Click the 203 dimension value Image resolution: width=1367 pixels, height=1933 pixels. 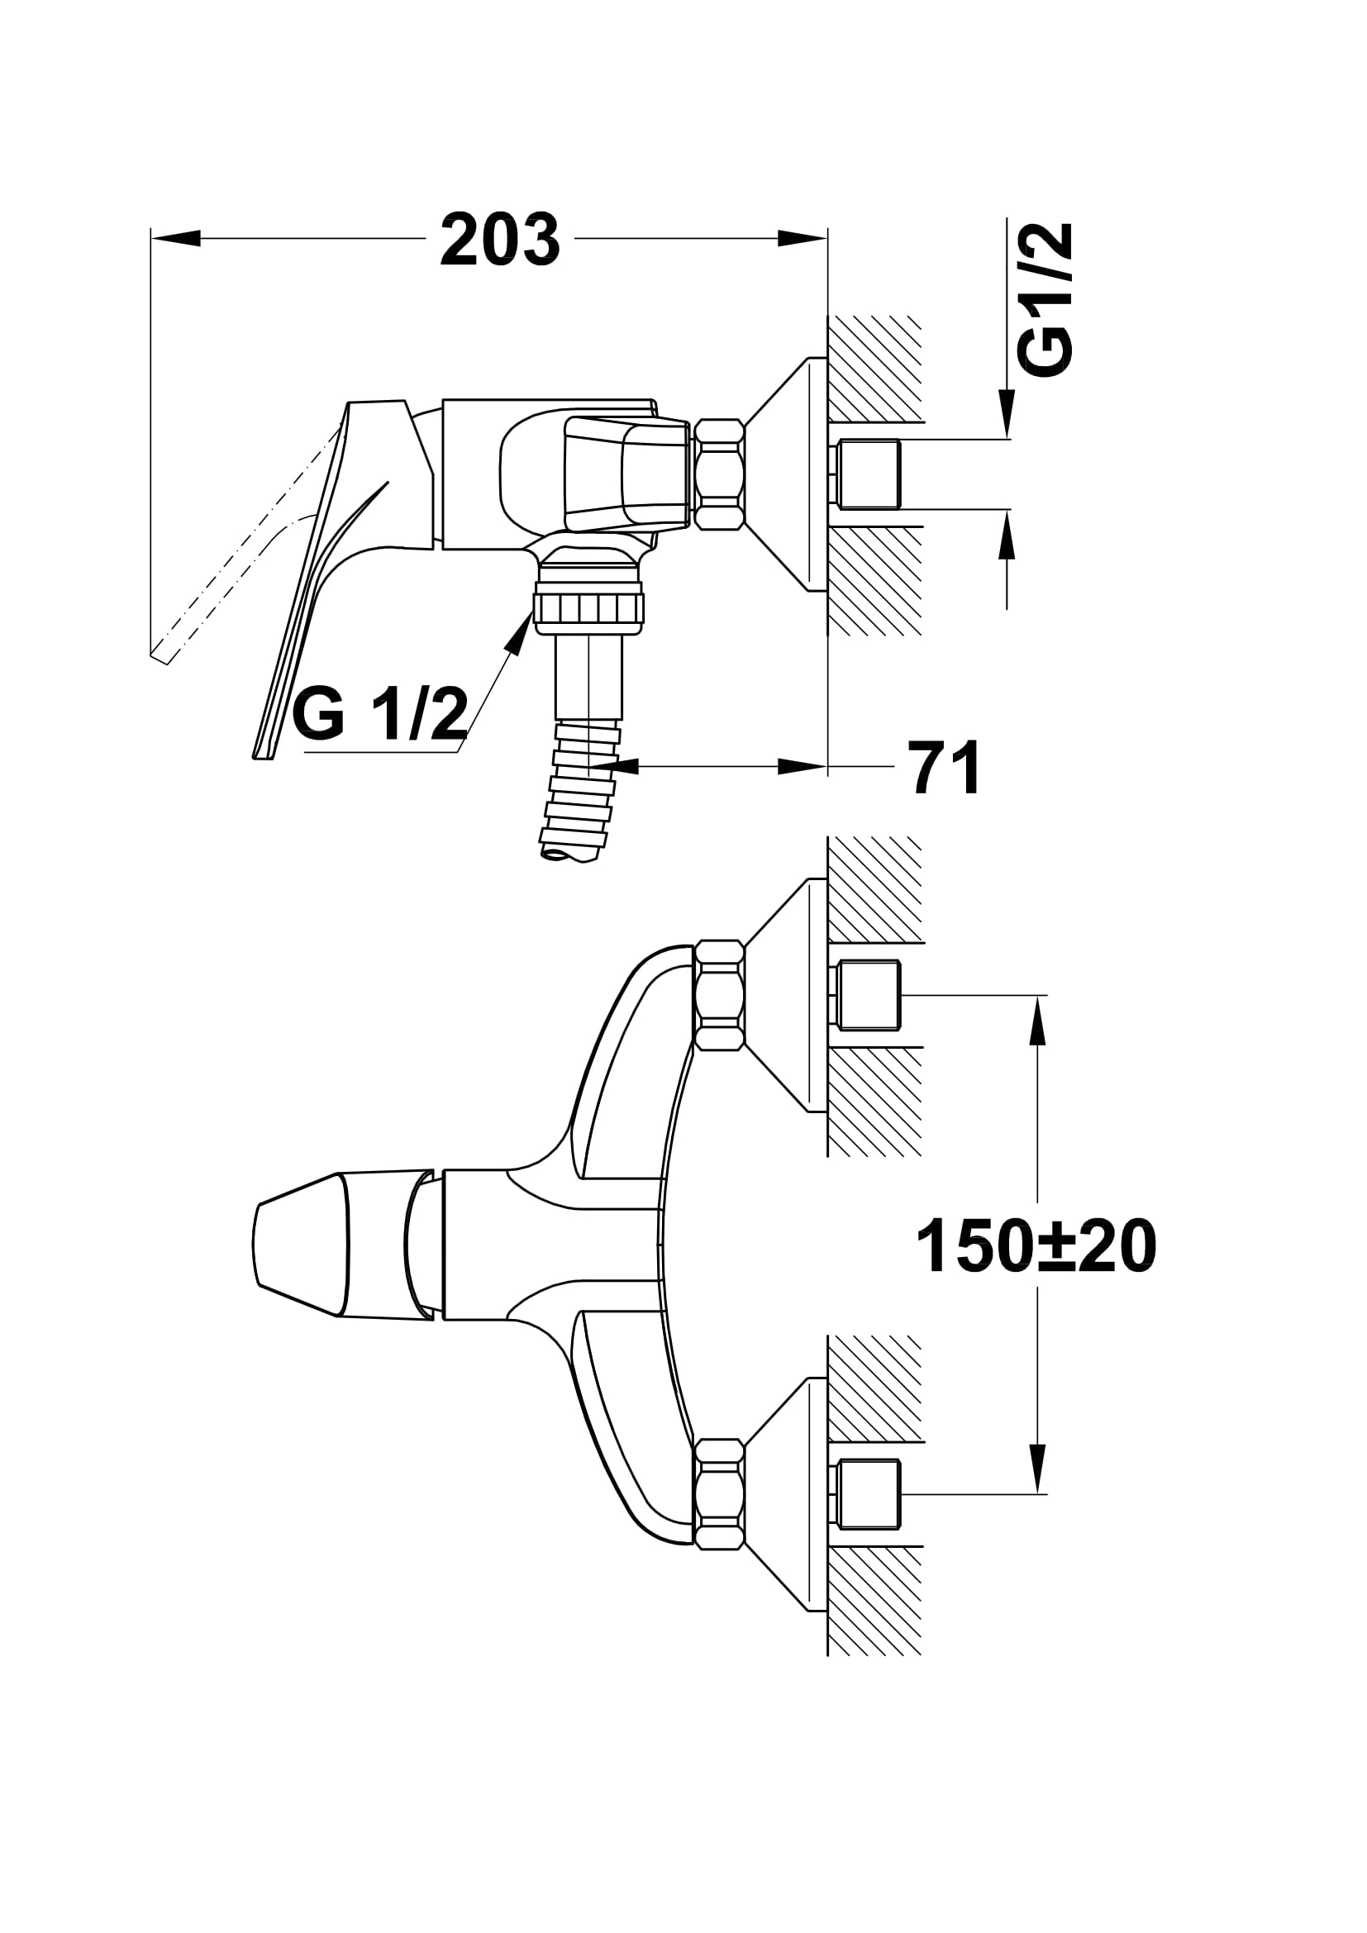[x=500, y=240]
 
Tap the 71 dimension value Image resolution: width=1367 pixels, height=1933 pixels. [x=945, y=767]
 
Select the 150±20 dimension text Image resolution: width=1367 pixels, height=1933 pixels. [x=1036, y=1247]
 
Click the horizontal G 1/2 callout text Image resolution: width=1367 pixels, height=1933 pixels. [x=379, y=714]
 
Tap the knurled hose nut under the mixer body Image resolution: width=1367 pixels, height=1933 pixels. [x=588, y=607]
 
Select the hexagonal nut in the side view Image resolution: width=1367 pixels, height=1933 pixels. [x=718, y=475]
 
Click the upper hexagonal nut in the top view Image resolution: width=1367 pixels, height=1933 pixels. [x=718, y=995]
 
